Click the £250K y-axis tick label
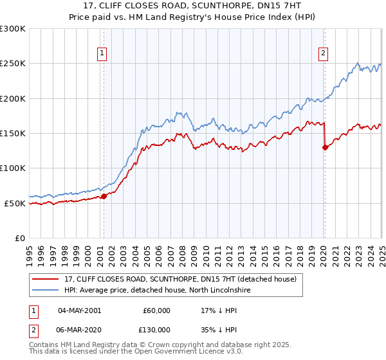(13, 64)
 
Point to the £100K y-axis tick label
(13, 168)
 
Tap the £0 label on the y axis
(19, 238)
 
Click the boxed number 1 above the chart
(103, 54)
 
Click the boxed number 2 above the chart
(323, 54)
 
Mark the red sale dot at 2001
(104, 196)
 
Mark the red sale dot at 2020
(325, 147)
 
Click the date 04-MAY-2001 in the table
(78, 310)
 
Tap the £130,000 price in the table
(156, 330)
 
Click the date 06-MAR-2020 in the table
(78, 330)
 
